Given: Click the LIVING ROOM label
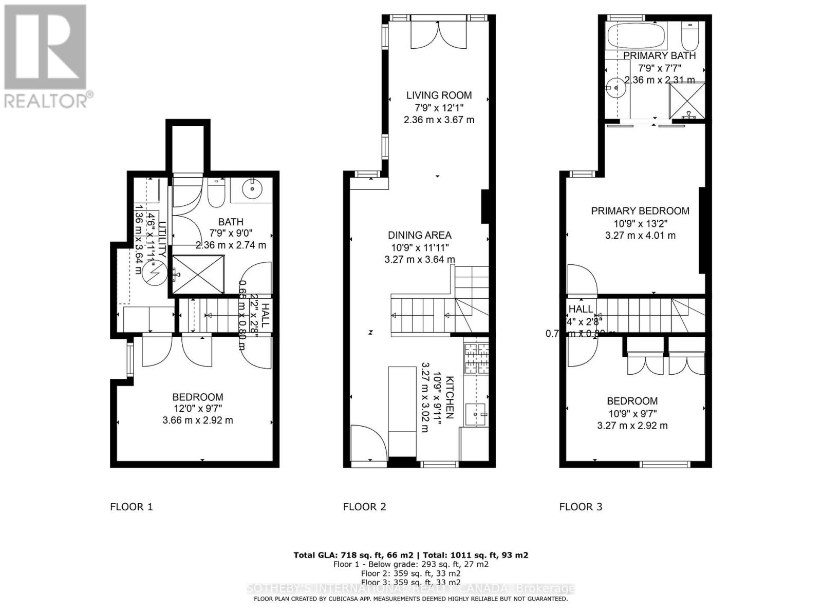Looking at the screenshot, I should tap(439, 95).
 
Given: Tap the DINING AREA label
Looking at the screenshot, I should tap(419, 235).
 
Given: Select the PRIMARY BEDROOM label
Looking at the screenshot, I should tap(640, 210).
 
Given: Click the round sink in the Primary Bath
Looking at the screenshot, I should tap(615, 88).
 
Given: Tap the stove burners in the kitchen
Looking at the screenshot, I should tap(477, 358).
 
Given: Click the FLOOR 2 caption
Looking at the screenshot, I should tap(364, 507).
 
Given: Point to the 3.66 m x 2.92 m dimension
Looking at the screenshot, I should tap(197, 420).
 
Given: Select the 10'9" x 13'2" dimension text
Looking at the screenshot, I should tap(639, 223).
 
